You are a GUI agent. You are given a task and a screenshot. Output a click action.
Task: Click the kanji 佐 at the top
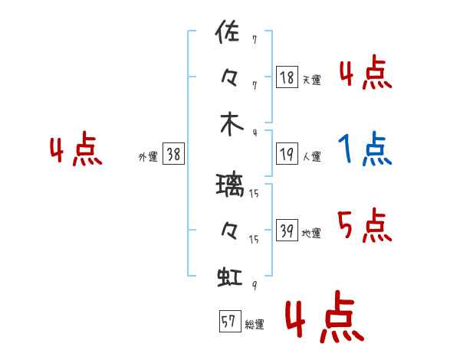228,31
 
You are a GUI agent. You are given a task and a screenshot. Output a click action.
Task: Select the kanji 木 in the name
232,124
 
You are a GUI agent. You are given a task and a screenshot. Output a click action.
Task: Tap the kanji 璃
230,185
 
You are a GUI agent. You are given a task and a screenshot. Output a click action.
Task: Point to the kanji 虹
230,277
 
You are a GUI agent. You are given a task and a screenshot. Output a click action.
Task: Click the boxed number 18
287,77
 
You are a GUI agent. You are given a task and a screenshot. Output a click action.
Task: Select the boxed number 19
287,154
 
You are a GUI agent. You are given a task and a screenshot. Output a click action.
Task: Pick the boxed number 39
287,230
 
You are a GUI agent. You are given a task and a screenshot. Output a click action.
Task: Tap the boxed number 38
173,154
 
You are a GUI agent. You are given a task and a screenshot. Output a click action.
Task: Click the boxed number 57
230,321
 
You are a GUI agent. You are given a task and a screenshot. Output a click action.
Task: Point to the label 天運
312,80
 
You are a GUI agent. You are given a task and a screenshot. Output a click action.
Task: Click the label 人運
312,156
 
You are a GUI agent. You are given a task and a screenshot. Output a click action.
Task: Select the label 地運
311,233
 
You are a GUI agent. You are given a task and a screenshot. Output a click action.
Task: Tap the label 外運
148,156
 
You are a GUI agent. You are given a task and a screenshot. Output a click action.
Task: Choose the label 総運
255,324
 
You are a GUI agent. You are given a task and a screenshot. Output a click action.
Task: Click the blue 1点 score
365,149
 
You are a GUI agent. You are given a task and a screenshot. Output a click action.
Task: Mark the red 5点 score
365,225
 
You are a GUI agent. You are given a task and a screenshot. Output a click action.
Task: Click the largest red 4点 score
325,316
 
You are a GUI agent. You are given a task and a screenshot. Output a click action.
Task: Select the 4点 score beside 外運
76,149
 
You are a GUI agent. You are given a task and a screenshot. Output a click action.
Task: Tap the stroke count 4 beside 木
255,133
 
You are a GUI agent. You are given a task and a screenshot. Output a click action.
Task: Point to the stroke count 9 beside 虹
255,285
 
